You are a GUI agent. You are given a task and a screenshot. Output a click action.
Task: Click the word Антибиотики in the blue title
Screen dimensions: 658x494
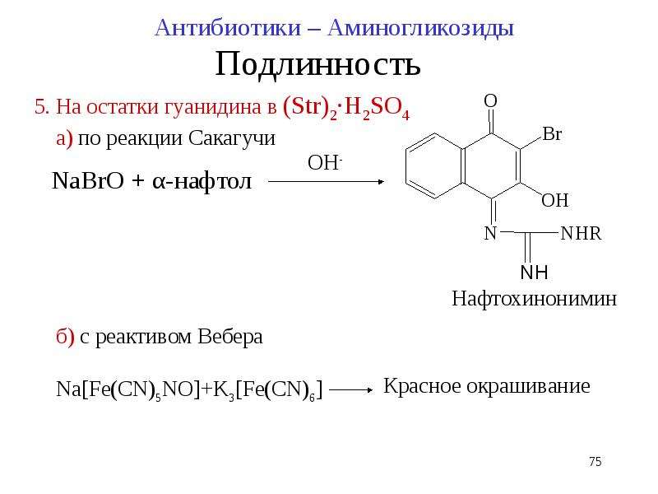click(x=229, y=29)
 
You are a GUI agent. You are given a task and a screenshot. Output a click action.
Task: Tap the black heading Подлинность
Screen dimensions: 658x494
click(x=317, y=64)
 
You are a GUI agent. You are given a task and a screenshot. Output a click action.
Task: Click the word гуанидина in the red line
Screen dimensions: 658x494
click(x=212, y=107)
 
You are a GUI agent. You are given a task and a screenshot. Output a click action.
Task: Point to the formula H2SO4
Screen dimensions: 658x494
click(x=377, y=109)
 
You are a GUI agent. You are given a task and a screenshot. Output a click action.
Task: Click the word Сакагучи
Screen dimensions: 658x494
click(x=232, y=138)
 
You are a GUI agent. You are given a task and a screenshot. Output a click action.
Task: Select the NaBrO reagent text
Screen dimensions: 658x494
click(x=88, y=181)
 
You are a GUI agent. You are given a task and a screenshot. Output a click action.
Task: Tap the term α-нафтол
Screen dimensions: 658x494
click(x=202, y=182)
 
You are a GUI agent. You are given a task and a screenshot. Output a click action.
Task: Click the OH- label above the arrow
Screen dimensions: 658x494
click(x=325, y=163)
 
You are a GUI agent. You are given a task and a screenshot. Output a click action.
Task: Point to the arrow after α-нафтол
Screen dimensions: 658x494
click(x=326, y=182)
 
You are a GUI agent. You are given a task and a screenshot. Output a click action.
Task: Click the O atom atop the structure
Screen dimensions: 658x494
click(x=490, y=100)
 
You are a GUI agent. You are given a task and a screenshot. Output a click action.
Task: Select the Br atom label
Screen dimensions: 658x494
click(x=552, y=134)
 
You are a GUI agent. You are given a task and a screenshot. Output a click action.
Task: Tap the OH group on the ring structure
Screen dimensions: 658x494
click(x=554, y=200)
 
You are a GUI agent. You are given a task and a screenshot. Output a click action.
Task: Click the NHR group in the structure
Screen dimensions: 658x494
click(x=581, y=234)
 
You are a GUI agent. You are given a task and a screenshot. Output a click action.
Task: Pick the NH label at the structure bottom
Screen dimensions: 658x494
click(x=534, y=273)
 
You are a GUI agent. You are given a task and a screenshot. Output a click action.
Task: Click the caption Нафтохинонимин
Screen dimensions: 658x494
click(x=534, y=299)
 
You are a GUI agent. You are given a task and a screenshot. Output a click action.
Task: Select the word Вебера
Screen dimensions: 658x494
click(x=230, y=337)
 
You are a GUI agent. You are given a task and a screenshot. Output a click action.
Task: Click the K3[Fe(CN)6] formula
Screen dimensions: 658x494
click(x=268, y=389)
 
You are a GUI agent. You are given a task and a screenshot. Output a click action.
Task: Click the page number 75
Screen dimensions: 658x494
click(x=595, y=462)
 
